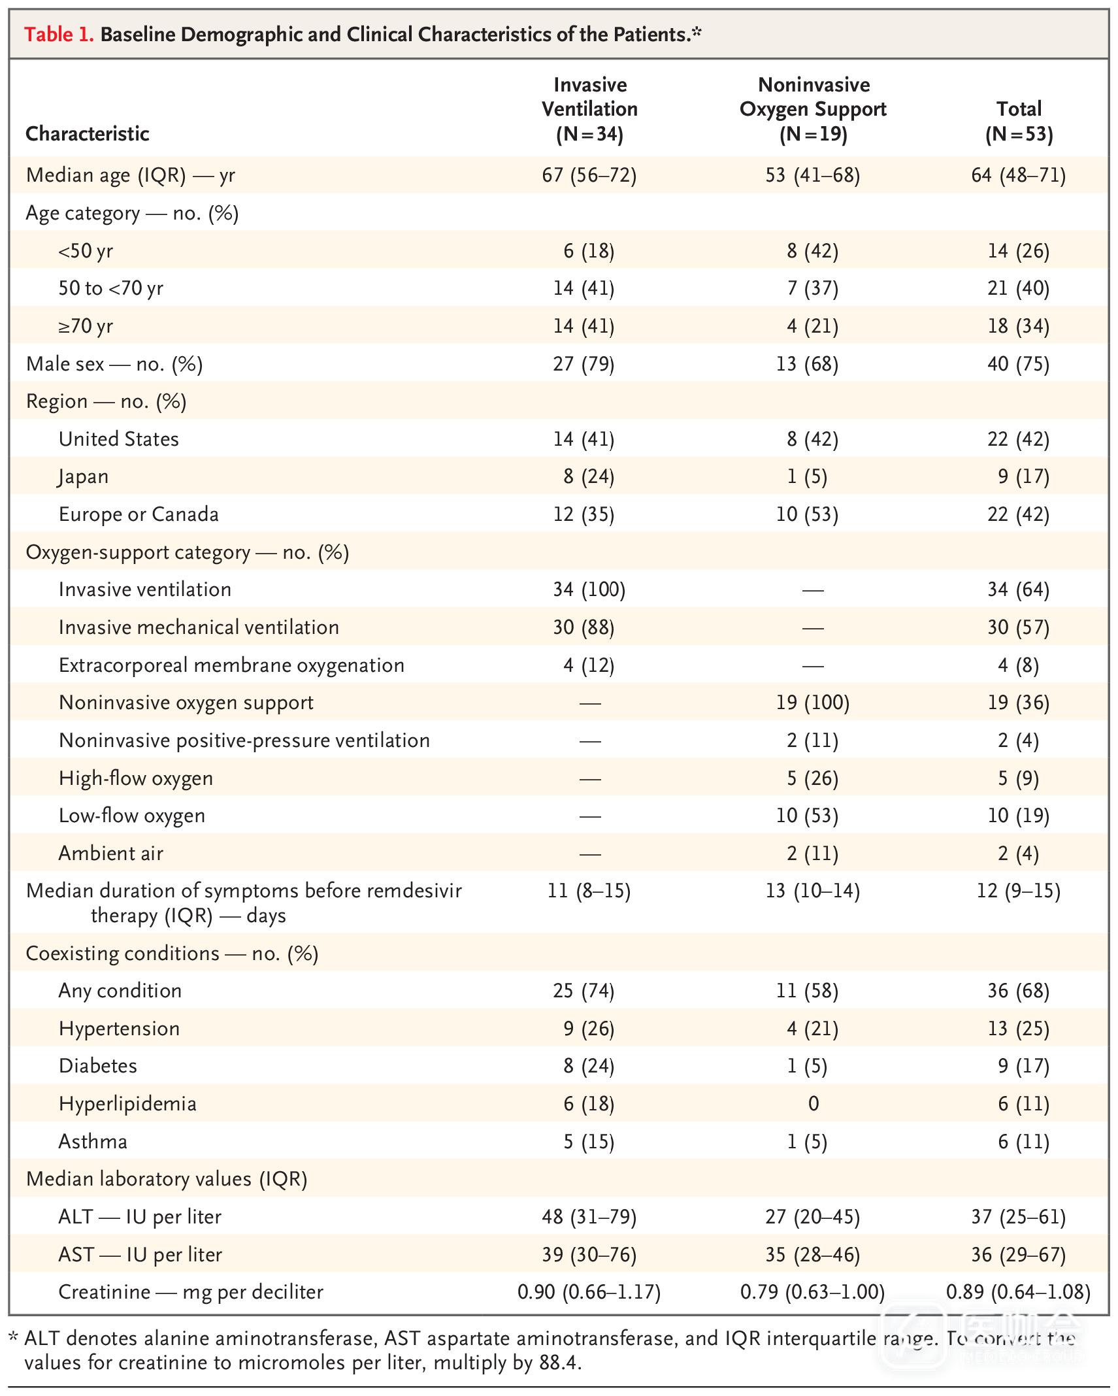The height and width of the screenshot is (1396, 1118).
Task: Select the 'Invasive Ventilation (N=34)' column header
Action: click(589, 109)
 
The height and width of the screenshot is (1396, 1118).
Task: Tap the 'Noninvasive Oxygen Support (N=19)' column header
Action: click(813, 109)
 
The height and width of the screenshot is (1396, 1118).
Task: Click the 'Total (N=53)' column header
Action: click(1019, 122)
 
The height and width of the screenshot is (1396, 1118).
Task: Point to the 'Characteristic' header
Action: click(88, 134)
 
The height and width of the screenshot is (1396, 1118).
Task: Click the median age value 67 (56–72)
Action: click(589, 175)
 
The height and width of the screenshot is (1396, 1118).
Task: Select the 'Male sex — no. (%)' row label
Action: click(114, 364)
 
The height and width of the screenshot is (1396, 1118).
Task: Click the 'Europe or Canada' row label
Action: click(139, 515)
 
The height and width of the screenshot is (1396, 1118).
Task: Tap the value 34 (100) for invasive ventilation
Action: click(589, 590)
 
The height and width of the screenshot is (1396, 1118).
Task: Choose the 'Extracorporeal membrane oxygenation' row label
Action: click(231, 665)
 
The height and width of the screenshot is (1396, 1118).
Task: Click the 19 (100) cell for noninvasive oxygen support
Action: click(813, 703)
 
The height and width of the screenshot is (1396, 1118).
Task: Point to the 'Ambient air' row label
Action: click(110, 854)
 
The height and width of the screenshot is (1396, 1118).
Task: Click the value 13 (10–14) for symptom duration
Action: click(813, 891)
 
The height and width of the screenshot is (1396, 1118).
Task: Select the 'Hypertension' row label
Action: click(119, 1029)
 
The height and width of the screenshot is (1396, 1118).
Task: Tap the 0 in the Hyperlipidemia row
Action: click(813, 1105)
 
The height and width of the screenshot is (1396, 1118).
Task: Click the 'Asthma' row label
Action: click(93, 1142)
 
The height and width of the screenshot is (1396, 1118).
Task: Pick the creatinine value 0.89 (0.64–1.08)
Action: click(1018, 1293)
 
